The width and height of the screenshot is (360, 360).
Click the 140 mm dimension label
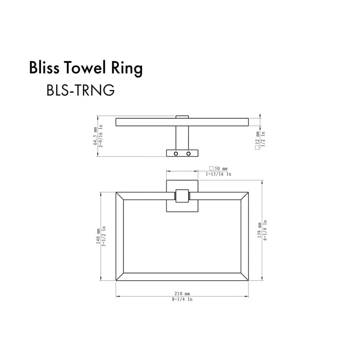(98, 236)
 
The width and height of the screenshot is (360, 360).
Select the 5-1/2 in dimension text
(104, 236)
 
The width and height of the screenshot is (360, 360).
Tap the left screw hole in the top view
(176, 154)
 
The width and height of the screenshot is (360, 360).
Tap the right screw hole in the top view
(189, 154)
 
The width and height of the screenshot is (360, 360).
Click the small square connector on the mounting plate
(182, 196)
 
